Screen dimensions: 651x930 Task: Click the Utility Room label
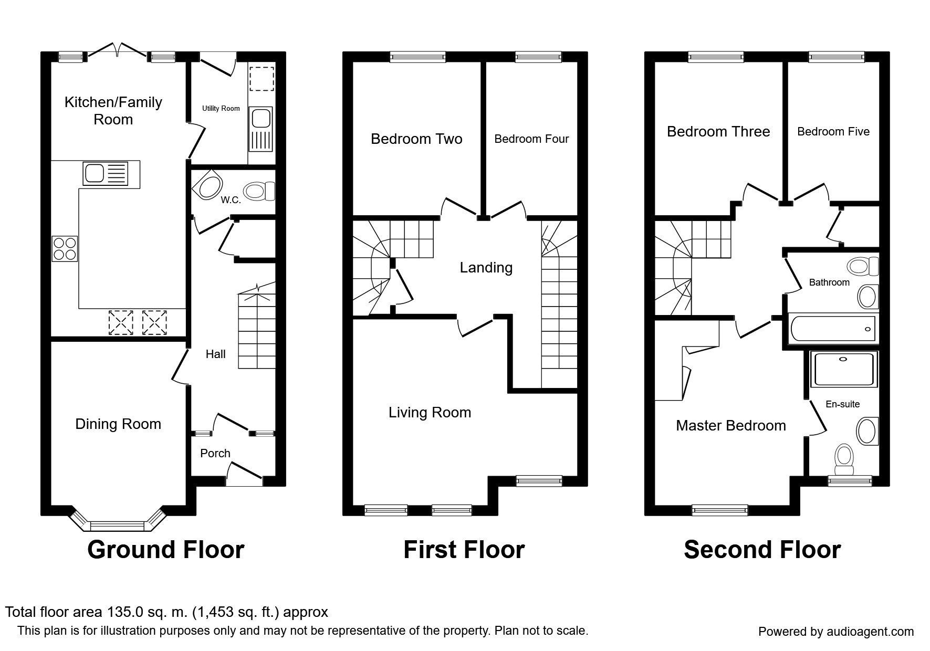tap(221, 108)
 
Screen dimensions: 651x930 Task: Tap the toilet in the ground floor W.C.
tap(259, 191)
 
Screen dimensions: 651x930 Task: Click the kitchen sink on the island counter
tap(105, 173)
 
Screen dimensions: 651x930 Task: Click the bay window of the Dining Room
tap(117, 524)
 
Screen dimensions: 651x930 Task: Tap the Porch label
tap(215, 453)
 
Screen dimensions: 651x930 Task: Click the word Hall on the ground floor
tap(215, 354)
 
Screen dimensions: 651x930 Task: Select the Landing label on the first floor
tap(486, 268)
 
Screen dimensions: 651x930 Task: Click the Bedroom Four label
tap(531, 139)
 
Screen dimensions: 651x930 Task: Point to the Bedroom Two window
tap(417, 57)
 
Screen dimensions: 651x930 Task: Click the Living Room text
tap(430, 413)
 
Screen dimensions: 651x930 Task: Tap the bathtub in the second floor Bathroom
tap(832, 329)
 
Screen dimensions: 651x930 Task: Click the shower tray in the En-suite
tap(843, 370)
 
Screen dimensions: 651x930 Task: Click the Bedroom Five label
tap(833, 132)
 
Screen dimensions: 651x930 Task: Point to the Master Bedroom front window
tap(719, 509)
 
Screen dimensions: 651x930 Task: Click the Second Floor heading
tap(762, 550)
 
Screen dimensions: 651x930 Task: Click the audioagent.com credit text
tap(835, 632)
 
